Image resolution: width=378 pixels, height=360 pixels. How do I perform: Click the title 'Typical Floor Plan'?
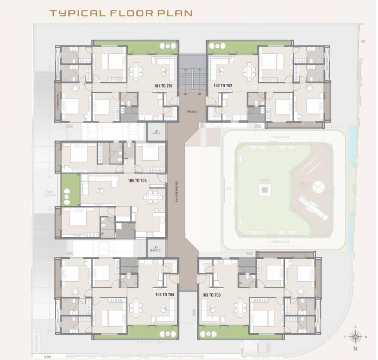(121, 13)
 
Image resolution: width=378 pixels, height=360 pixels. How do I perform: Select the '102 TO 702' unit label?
(223, 86)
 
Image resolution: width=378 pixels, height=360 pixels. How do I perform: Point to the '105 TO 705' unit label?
(137, 180)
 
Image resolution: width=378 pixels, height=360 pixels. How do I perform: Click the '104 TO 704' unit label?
(164, 295)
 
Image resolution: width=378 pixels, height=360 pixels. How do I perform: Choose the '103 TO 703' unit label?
(211, 295)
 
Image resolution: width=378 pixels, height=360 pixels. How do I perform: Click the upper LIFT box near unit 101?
(156, 132)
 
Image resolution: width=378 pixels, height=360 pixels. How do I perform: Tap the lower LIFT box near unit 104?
(156, 247)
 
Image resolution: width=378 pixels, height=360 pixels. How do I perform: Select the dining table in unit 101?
(136, 71)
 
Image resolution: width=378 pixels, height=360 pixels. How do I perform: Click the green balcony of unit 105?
(70, 189)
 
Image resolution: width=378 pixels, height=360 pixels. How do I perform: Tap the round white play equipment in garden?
(319, 186)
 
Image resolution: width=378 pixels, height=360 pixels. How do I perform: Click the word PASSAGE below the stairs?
(192, 112)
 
